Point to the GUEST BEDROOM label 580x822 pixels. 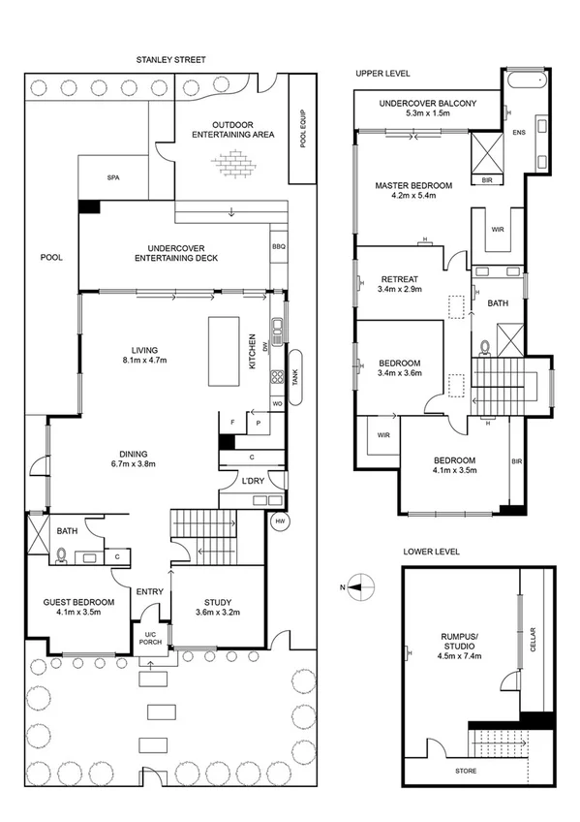[x=79, y=602]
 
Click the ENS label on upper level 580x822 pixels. [x=520, y=132]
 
